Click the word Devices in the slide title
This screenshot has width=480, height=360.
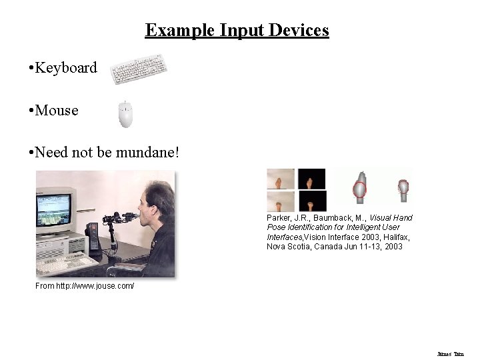click(x=298, y=31)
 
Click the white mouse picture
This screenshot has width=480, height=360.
click(x=125, y=114)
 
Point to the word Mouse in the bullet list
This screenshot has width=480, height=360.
click(x=57, y=111)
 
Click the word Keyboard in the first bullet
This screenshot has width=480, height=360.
click(x=66, y=68)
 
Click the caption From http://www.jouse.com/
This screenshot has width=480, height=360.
click(x=85, y=286)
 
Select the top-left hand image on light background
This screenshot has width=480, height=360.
click(x=281, y=179)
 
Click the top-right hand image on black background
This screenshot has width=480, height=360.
click(x=312, y=179)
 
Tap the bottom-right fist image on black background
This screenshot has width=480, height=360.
click(x=312, y=201)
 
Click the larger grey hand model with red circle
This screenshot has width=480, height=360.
click(x=359, y=189)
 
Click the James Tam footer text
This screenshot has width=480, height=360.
click(x=450, y=354)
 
